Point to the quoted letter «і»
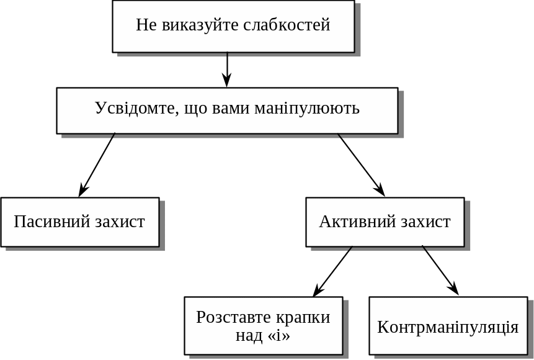point(278,336)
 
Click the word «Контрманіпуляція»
point(448,327)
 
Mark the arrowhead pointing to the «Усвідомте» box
point(227,81)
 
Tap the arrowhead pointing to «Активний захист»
point(380,191)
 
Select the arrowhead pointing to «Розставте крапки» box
point(318,291)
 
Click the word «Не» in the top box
point(146,25)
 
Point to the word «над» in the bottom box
point(249,336)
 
